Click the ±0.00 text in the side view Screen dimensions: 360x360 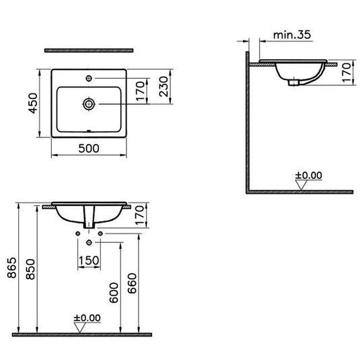[310, 176]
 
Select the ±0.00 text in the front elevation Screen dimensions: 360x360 [87, 318]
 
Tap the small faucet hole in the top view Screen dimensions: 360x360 [88, 79]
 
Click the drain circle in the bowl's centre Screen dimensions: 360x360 [88, 104]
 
